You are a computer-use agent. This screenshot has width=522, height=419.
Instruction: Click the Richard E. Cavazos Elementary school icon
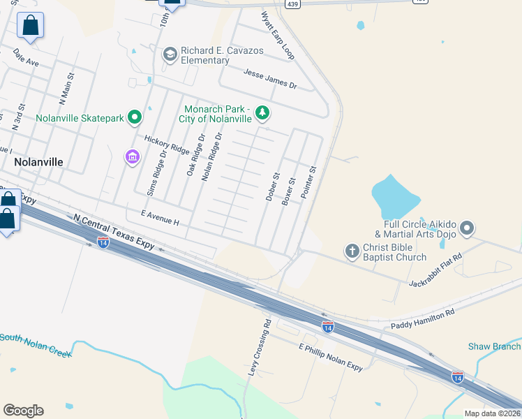[170, 54]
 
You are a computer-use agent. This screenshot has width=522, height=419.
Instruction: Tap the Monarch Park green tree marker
[262, 112]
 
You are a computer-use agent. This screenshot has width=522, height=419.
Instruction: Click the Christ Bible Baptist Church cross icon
[353, 251]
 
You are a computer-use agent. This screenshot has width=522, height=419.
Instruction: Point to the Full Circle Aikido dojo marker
[468, 228]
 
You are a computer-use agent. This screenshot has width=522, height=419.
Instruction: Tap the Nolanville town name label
[38, 161]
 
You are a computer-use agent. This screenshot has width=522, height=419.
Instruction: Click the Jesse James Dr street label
[270, 78]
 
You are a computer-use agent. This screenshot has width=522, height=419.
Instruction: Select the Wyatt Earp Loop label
[278, 35]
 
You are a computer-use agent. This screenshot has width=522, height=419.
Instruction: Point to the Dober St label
[272, 187]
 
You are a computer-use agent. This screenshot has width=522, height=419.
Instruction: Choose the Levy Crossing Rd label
[259, 348]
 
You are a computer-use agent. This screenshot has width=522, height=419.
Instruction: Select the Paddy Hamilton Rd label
[422, 316]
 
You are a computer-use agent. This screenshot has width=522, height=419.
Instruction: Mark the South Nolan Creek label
[36, 345]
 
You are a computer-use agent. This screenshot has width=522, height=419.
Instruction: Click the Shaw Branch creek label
[494, 346]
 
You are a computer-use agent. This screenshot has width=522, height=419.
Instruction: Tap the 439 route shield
[292, 3]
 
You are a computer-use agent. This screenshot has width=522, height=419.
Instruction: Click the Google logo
[23, 411]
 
